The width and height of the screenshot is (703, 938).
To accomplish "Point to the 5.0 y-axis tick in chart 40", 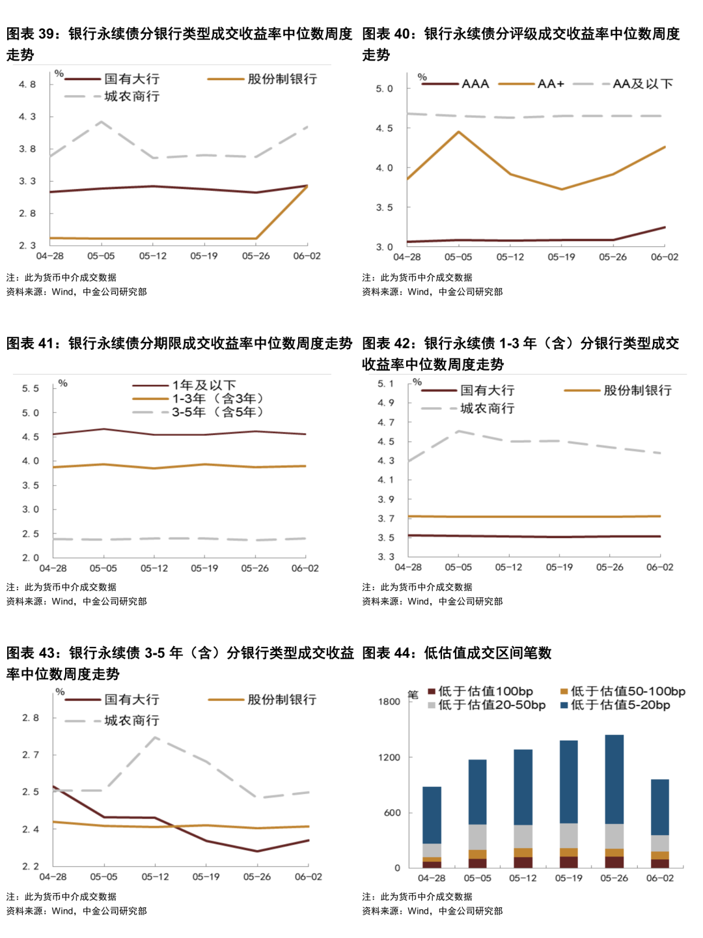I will point(385,89).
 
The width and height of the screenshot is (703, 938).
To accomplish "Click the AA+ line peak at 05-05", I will point(459,132).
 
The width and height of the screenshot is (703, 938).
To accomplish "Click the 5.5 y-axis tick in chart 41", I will point(31,388).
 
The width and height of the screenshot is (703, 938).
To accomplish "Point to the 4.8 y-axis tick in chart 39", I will point(27,85).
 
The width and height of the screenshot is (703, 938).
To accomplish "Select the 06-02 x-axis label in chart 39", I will point(307,256).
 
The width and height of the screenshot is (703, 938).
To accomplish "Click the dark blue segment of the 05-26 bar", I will point(614,778).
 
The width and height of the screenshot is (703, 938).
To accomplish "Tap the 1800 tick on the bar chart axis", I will point(389,702).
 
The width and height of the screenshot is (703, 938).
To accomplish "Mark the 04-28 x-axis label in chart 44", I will point(432,878).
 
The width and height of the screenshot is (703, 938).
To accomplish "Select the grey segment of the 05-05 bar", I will point(477,837).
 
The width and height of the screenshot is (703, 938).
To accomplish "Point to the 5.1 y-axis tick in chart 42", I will point(386,384).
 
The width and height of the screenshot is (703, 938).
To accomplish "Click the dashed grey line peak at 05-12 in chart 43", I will point(155,737).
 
